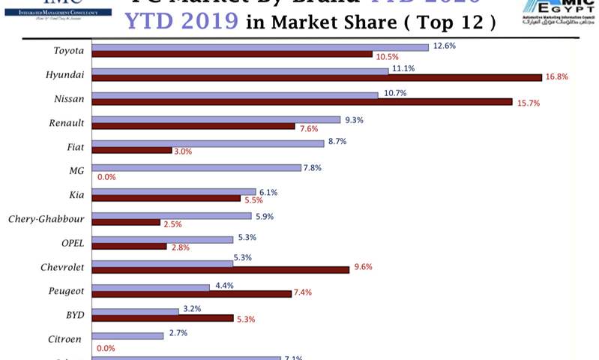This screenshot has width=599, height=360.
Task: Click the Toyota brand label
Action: (68, 51)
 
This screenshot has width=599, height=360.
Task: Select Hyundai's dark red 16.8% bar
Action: (316, 77)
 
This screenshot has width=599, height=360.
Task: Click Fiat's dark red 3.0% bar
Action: (132, 150)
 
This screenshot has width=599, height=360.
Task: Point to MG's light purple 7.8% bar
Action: (196, 167)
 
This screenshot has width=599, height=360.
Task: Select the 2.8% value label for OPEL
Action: (181, 247)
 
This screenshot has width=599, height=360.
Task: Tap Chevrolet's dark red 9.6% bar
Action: (220, 269)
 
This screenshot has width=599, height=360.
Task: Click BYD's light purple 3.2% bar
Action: (135, 311)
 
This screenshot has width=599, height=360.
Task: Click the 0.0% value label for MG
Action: (106, 177)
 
